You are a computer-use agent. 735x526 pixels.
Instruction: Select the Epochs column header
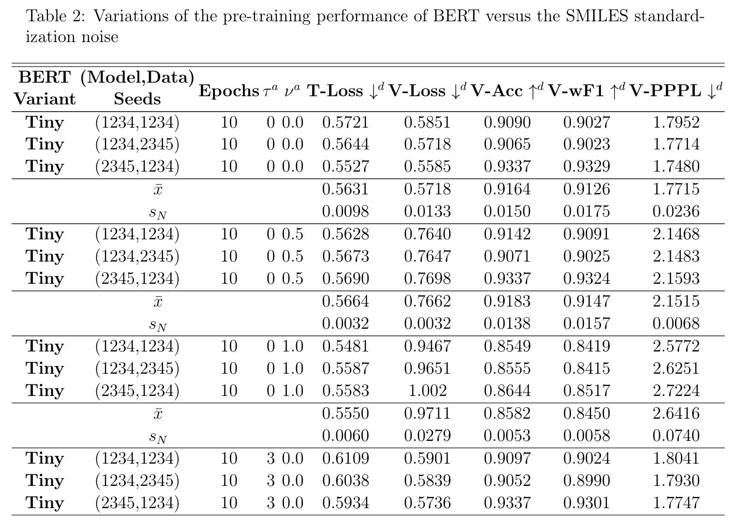(229, 91)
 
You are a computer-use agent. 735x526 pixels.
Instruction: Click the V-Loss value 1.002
(428, 391)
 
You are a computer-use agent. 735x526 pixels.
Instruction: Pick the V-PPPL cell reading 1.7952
(676, 122)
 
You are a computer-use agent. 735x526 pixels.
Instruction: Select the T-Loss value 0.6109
(345, 458)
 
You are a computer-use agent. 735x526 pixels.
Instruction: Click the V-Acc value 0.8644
(507, 391)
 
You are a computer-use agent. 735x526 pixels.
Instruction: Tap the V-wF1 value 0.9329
(586, 166)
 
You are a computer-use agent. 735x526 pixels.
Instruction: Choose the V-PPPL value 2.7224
(676, 391)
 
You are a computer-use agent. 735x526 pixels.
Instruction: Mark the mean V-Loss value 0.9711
(428, 413)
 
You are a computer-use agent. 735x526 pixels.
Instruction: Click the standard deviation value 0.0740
(676, 436)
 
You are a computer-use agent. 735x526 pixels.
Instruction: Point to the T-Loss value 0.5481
(345, 346)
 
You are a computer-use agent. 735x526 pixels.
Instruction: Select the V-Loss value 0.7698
(428, 278)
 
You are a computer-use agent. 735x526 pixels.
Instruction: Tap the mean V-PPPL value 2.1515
(676, 301)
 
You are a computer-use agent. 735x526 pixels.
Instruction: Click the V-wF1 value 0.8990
(586, 481)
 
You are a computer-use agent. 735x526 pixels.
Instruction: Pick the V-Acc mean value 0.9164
(507, 189)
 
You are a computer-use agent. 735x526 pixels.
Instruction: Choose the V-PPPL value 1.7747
(676, 503)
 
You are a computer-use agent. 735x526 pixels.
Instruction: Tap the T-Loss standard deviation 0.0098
(345, 212)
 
